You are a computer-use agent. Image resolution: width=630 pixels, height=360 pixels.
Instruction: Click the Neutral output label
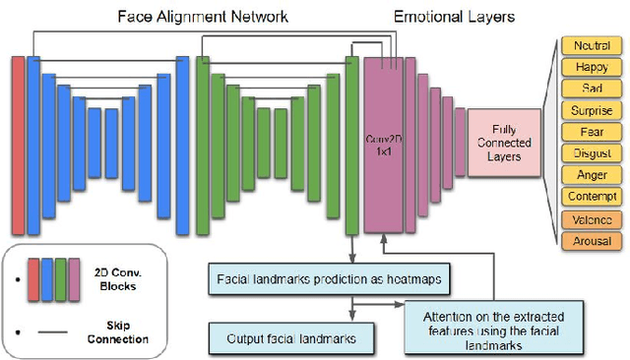pos(591,46)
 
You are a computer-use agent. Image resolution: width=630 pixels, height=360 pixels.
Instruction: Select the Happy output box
pos(591,68)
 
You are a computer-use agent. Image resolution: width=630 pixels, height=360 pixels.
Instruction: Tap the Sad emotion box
pos(591,90)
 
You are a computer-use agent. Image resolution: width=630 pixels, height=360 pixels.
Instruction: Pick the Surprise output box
pos(591,111)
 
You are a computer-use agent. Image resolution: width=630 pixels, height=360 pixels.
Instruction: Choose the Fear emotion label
pos(591,132)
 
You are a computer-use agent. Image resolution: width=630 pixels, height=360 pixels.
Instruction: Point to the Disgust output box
pos(591,153)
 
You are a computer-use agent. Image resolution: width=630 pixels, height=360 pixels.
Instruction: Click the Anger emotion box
pos(591,175)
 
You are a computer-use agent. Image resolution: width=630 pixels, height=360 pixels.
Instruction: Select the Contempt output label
pos(591,197)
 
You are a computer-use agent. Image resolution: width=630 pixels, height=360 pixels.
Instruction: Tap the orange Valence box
pos(591,219)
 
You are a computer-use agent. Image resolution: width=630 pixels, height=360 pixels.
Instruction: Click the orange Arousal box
pos(591,241)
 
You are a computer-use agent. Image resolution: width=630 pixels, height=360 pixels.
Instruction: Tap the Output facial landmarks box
pos(291,339)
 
